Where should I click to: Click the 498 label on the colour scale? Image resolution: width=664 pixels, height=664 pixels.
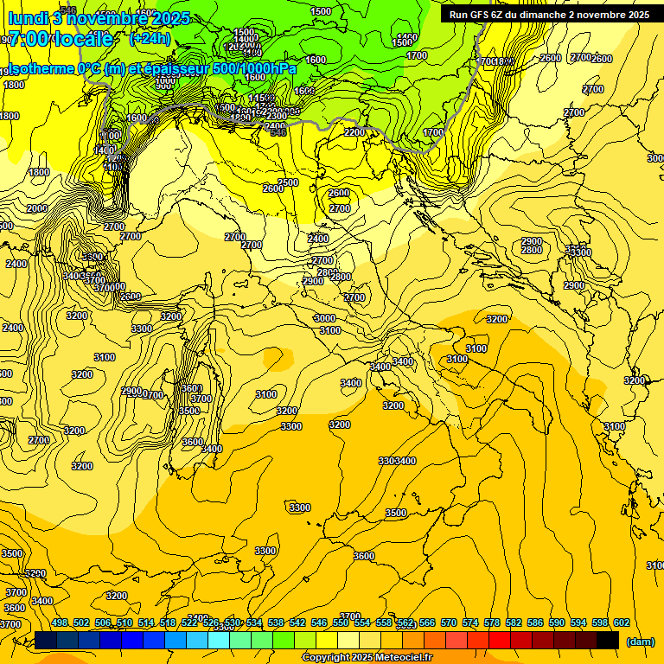pos(60,622)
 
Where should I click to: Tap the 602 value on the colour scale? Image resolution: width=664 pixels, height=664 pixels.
pos(622,622)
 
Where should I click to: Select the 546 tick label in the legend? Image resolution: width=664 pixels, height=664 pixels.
pos(319,622)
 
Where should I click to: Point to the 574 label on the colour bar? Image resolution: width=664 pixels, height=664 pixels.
pos(470,622)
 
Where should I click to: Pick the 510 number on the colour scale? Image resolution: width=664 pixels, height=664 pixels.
pos(124,622)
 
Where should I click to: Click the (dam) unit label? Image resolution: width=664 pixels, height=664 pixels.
pos(640,642)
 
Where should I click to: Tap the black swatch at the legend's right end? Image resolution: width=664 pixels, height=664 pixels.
pos(608,640)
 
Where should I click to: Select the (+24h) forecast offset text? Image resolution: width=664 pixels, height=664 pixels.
pos(149,39)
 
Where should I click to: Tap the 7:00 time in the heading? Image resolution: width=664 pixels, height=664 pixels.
pos(30,39)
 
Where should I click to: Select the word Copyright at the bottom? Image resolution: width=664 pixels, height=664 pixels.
pos(326,658)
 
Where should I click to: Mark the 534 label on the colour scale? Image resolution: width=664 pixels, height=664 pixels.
pos(254,622)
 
